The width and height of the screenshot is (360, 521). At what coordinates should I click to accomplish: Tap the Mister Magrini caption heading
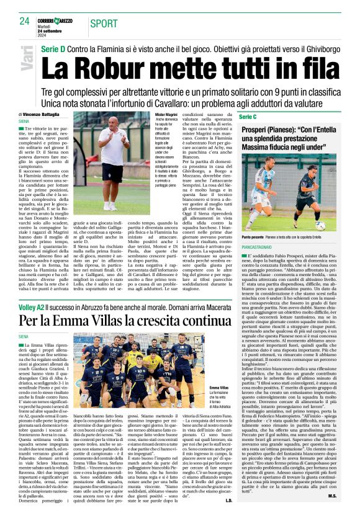167,115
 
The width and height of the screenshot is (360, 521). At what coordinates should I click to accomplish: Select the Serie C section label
247,117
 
